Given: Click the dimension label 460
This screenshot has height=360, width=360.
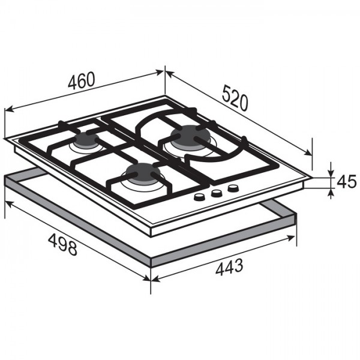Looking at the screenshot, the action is (x=81, y=80).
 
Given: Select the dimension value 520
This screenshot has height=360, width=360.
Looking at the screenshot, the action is (x=236, y=98).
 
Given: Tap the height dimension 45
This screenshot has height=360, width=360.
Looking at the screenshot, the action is (x=346, y=181).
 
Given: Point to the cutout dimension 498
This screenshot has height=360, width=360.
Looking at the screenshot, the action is (x=62, y=244).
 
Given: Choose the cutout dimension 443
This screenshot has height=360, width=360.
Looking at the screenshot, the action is (x=229, y=267).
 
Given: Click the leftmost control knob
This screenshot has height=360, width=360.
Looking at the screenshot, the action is (x=199, y=197).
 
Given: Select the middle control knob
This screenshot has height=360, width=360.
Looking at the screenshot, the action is (x=216, y=193).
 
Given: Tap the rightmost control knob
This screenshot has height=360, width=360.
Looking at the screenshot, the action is (x=233, y=189).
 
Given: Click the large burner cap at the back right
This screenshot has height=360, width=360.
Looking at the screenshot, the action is (x=190, y=137).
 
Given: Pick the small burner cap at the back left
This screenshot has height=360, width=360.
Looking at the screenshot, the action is (x=86, y=139).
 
